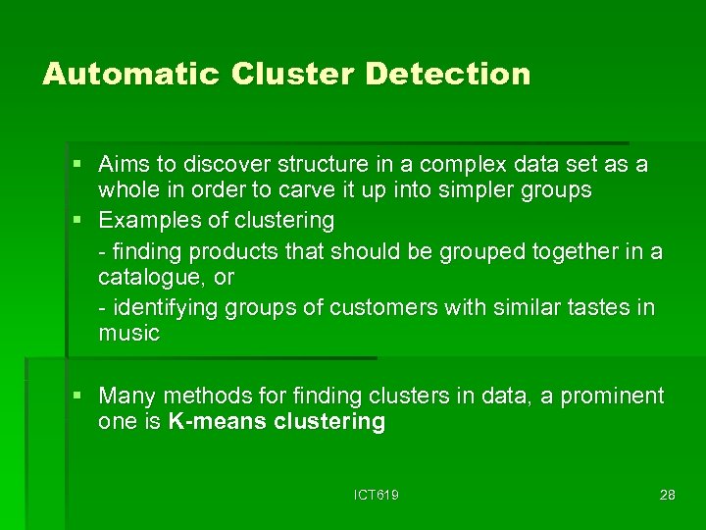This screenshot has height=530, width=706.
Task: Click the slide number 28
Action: click(667, 495)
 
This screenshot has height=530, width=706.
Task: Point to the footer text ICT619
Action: click(377, 495)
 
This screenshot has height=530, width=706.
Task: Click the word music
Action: click(128, 333)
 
